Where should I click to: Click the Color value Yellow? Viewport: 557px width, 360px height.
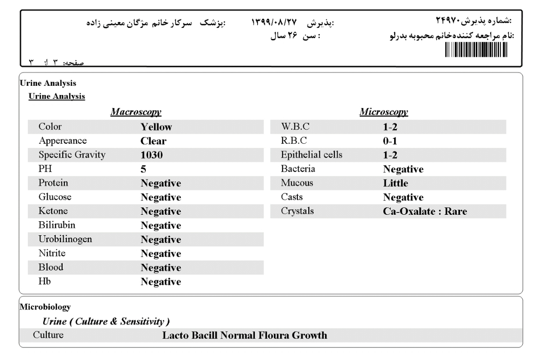[156, 127]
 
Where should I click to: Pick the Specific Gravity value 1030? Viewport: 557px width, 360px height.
[151, 155]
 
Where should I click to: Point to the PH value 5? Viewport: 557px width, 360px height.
[143, 169]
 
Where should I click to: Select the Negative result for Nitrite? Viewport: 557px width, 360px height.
[161, 254]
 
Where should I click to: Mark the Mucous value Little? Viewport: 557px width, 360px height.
[392, 183]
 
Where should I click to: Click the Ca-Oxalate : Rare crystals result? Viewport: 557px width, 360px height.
[421, 212]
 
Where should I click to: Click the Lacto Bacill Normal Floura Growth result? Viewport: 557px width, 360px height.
[245, 335]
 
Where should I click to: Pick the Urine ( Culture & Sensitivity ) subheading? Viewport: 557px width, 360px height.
[105, 321]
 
